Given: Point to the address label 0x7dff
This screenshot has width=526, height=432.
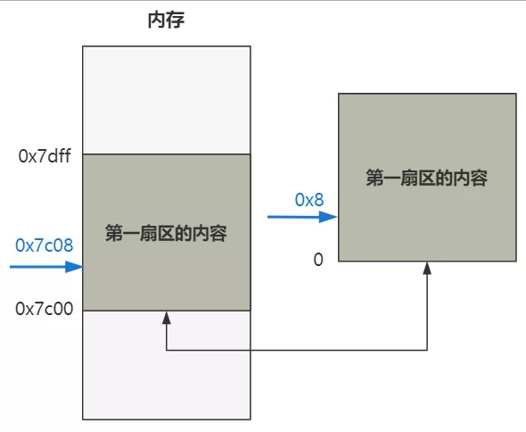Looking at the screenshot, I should pos(44,156).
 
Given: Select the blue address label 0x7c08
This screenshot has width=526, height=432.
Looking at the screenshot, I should pos(44,244).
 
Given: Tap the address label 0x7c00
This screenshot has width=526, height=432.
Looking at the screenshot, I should pos(44,309).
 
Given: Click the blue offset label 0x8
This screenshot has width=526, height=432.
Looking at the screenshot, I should pos(309,199).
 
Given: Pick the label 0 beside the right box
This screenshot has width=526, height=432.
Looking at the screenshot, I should pos(317,259).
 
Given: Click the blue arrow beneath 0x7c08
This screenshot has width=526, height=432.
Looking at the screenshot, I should pos(45,266).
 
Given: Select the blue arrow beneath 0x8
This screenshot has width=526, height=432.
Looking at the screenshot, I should pos(302,216).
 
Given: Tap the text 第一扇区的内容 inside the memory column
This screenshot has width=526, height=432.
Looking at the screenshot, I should pos(166,235).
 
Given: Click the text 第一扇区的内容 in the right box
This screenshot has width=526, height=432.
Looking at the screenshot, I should pos(426,178).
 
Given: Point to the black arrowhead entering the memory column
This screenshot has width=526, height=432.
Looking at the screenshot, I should pos(167,317).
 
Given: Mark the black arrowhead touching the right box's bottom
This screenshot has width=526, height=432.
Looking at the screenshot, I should pos(428,268).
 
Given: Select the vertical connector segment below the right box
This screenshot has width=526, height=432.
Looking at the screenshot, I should pos(428,308).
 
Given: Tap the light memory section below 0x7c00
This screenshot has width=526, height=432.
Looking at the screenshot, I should pos(166,366).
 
